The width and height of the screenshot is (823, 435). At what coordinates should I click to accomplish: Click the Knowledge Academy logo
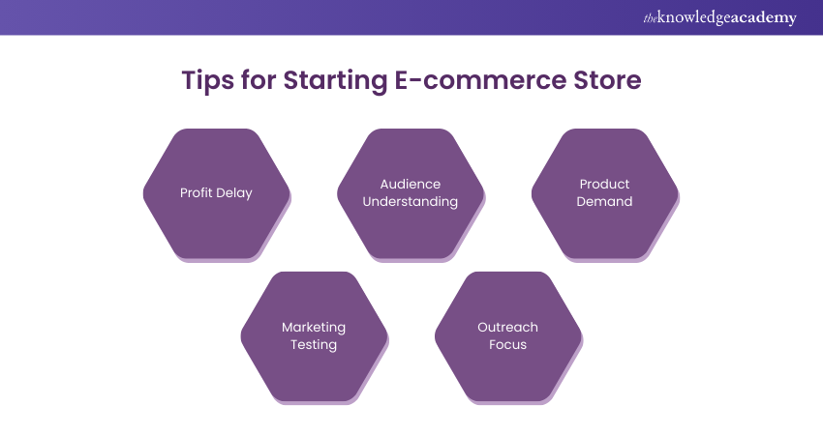click(719, 17)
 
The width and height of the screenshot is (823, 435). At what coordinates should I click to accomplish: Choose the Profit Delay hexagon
click(216, 193)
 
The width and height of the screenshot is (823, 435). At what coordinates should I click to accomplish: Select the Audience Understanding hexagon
click(410, 193)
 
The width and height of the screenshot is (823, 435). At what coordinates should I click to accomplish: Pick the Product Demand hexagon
click(604, 193)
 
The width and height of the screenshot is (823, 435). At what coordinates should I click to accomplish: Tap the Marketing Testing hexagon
click(314, 335)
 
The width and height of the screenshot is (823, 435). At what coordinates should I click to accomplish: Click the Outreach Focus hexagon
click(507, 335)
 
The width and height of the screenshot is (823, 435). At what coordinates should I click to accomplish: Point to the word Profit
click(197, 192)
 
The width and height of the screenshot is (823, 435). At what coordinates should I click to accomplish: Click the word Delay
click(234, 192)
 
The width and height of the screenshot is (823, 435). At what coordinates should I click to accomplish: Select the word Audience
click(410, 184)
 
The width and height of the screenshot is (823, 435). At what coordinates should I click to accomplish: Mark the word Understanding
click(410, 202)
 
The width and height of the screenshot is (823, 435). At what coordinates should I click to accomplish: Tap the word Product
click(604, 184)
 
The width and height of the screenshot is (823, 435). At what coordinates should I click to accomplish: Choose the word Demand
click(604, 202)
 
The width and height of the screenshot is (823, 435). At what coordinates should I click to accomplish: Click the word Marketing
click(314, 327)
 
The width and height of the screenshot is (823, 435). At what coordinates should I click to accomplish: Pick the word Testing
click(314, 345)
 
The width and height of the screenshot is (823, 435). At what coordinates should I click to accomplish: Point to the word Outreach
click(507, 327)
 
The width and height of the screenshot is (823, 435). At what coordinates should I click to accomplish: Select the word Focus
click(507, 345)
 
